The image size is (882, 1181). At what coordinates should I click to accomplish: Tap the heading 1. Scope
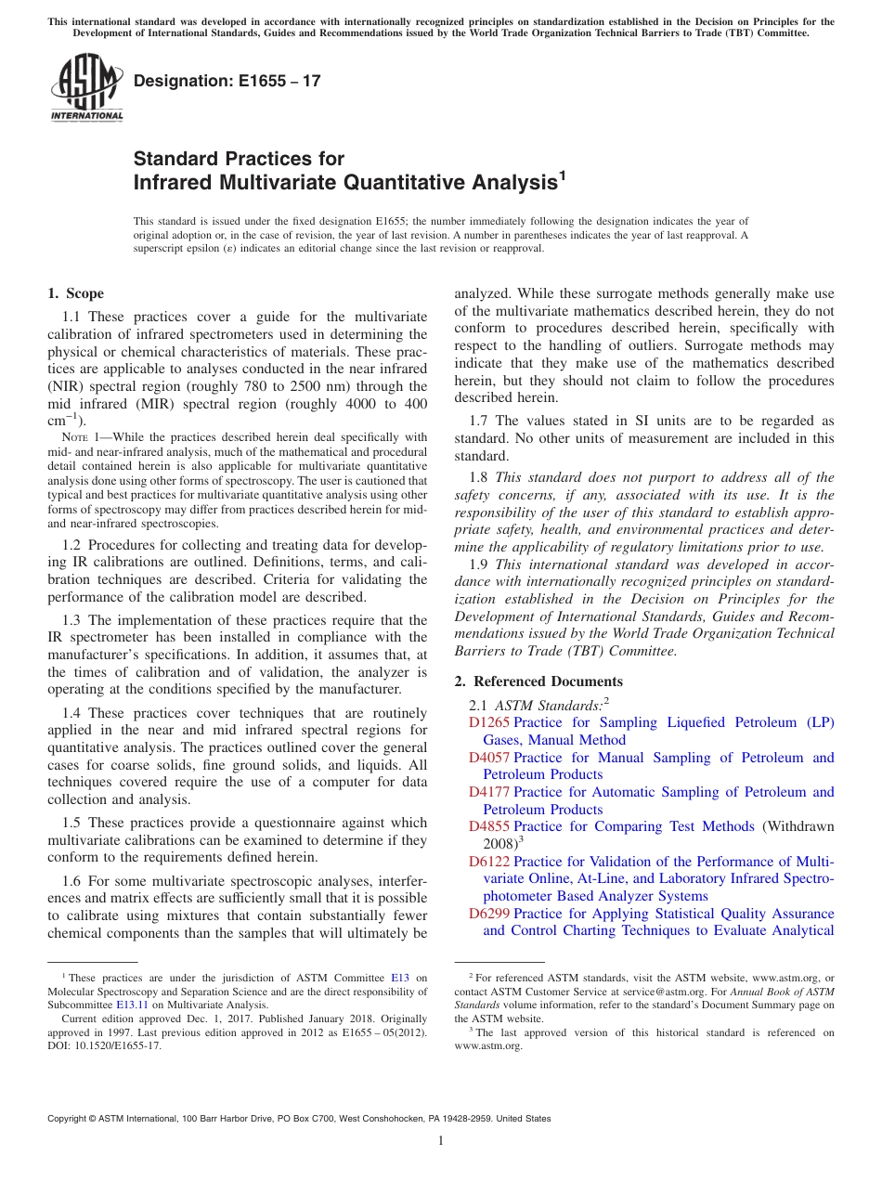coord(76,293)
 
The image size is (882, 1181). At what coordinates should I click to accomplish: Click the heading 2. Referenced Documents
coord(525,681)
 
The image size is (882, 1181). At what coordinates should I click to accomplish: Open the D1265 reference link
coord(489,722)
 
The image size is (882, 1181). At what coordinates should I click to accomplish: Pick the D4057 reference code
coord(489,758)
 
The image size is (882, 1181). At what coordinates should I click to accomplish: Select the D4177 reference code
coord(489,792)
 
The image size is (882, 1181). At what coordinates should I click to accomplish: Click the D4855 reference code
coord(489,826)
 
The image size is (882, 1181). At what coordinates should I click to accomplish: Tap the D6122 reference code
coord(489,862)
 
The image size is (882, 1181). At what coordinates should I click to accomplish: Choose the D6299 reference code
coord(489,914)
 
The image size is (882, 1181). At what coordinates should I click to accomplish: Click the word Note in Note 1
coord(73,438)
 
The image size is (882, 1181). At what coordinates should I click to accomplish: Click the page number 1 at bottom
coord(441,1141)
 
